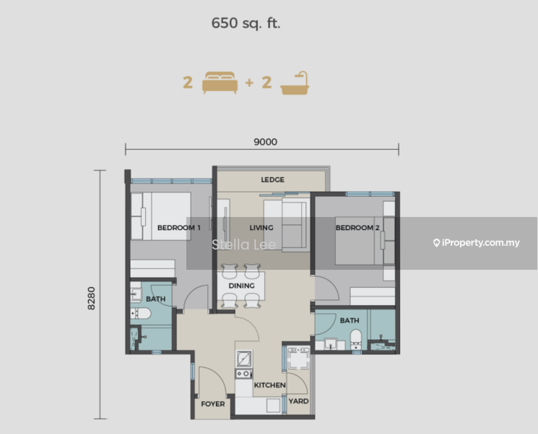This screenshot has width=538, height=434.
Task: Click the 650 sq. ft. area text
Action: pos(246,23)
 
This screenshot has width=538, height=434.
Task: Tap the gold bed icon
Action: pos(219,82)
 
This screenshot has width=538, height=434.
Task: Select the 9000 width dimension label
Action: pos(265,142)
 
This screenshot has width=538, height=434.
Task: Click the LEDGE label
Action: pos(272,179)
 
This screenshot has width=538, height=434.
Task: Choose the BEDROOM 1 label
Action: pos(178,228)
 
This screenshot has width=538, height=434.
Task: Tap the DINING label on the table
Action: pos(241,286)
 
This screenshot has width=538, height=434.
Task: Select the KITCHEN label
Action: pos(269,386)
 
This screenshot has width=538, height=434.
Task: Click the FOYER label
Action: pos(213,404)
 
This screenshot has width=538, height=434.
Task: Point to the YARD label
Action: pos(298,401)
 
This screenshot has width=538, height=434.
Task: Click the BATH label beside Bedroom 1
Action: pos(155,299)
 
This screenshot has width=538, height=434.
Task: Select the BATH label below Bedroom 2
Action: pos(350,320)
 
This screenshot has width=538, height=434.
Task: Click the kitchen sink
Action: pos(244,358)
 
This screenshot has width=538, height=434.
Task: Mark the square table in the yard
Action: pos(298,358)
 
